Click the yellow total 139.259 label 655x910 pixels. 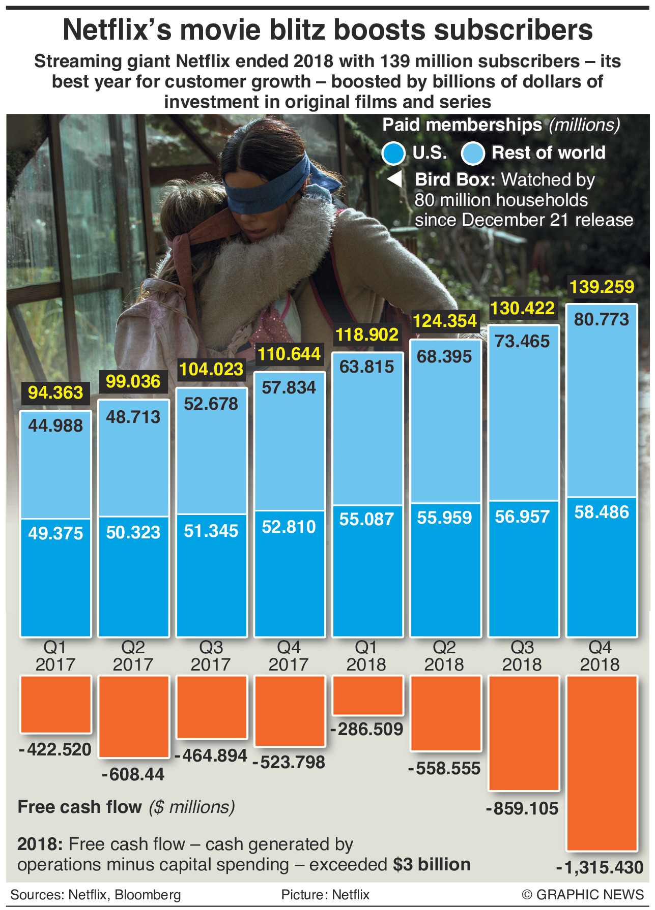602,287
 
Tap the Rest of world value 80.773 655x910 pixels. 602,320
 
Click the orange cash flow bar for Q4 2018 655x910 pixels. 602,763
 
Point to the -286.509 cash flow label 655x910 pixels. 366,729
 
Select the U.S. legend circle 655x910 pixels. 393,153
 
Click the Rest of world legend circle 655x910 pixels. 472,153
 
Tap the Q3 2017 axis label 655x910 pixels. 211,656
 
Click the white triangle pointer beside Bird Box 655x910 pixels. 395,179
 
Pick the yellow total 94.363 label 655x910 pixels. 55,392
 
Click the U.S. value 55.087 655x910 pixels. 366,519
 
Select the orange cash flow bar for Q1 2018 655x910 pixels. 367,695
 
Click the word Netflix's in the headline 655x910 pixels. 117,31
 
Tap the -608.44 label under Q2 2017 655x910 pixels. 133,774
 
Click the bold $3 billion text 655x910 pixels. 432,864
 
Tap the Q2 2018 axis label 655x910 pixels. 444,656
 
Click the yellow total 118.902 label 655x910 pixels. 366,335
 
